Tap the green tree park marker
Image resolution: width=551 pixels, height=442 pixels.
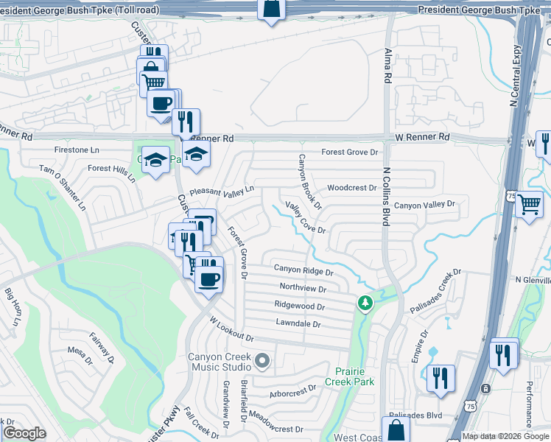[364, 302]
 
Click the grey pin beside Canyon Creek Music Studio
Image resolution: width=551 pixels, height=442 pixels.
[262, 361]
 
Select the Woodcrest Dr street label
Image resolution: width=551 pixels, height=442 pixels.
[352, 188]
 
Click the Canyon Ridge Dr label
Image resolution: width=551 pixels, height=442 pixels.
[303, 271]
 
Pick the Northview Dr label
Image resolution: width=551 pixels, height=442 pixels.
[302, 288]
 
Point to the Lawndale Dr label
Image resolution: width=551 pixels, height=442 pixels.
[298, 323]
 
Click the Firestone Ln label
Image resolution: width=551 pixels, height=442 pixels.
[77, 150]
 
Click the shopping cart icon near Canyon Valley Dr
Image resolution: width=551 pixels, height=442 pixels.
[529, 204]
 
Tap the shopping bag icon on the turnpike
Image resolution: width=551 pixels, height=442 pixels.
[271, 9]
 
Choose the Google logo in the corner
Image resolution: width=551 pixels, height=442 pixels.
[24, 433]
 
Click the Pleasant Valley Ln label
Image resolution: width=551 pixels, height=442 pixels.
[221, 190]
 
